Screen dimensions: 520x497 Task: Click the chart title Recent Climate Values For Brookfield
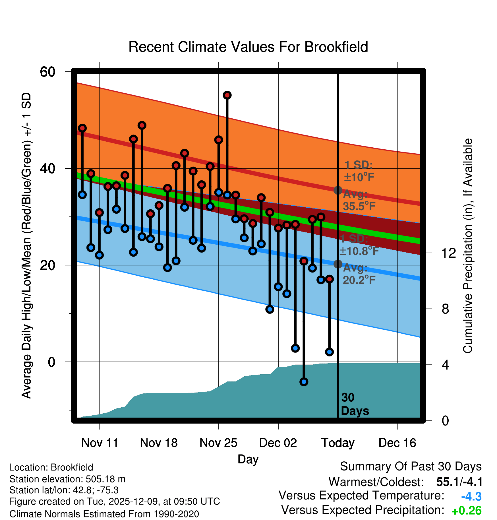click(x=248, y=47)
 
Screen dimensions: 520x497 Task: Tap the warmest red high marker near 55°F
click(x=227, y=95)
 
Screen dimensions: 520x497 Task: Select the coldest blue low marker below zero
click(x=304, y=382)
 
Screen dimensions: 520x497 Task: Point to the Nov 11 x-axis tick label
click(x=100, y=443)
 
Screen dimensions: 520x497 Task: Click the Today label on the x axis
click(x=338, y=443)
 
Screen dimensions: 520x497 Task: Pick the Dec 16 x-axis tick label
click(x=397, y=443)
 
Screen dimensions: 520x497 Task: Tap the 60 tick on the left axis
click(x=47, y=72)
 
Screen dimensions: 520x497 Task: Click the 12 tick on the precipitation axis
click(x=448, y=253)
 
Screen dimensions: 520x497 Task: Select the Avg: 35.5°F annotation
click(x=359, y=200)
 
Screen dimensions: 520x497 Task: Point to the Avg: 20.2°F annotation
click(x=359, y=274)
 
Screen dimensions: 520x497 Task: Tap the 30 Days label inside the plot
click(x=355, y=404)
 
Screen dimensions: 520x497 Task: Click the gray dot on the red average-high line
click(x=338, y=190)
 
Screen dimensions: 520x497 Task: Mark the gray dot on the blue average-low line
click(x=338, y=264)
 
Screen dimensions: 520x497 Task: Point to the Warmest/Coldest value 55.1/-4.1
click(x=459, y=482)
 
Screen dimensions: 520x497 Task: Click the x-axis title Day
click(x=248, y=459)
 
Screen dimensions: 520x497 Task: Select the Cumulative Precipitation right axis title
click(x=468, y=246)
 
